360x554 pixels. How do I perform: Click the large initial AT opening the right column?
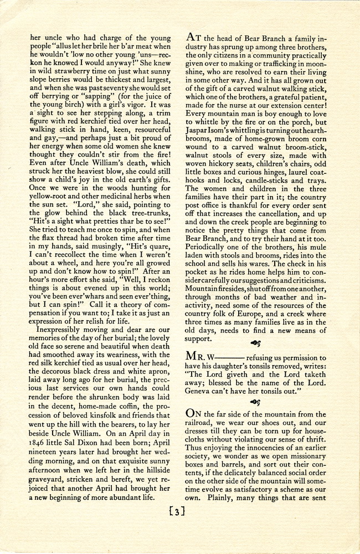(x=193, y=38)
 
